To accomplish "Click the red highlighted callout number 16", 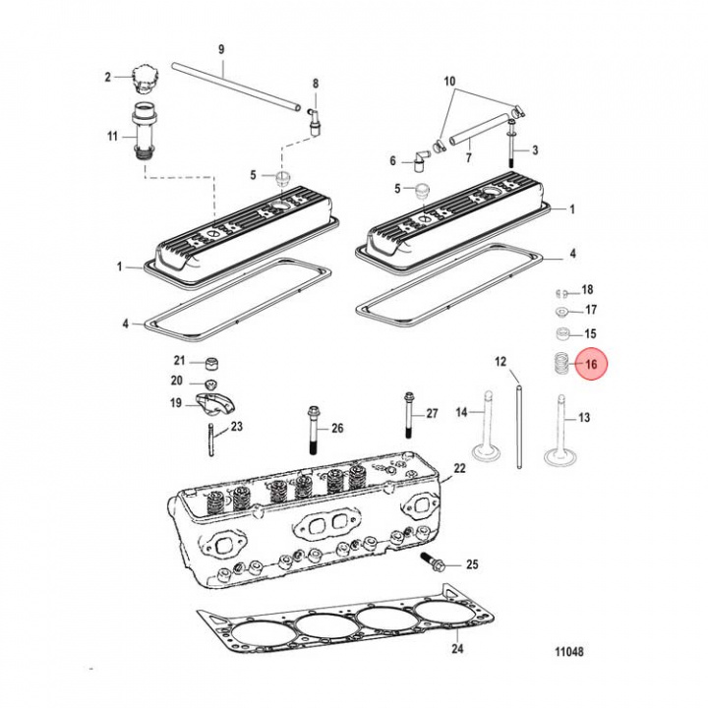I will click(x=592, y=365).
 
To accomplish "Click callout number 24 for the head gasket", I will click(x=455, y=648).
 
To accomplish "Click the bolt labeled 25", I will click(x=437, y=564).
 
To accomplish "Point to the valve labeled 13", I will click(x=560, y=433).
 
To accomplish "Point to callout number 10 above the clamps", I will click(x=450, y=80).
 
